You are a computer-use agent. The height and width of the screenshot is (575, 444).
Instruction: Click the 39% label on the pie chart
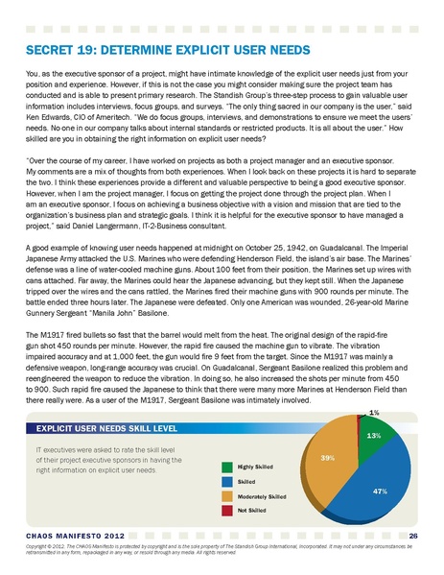tap(327, 457)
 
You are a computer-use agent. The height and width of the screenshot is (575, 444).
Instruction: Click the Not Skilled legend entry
tap(252, 510)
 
